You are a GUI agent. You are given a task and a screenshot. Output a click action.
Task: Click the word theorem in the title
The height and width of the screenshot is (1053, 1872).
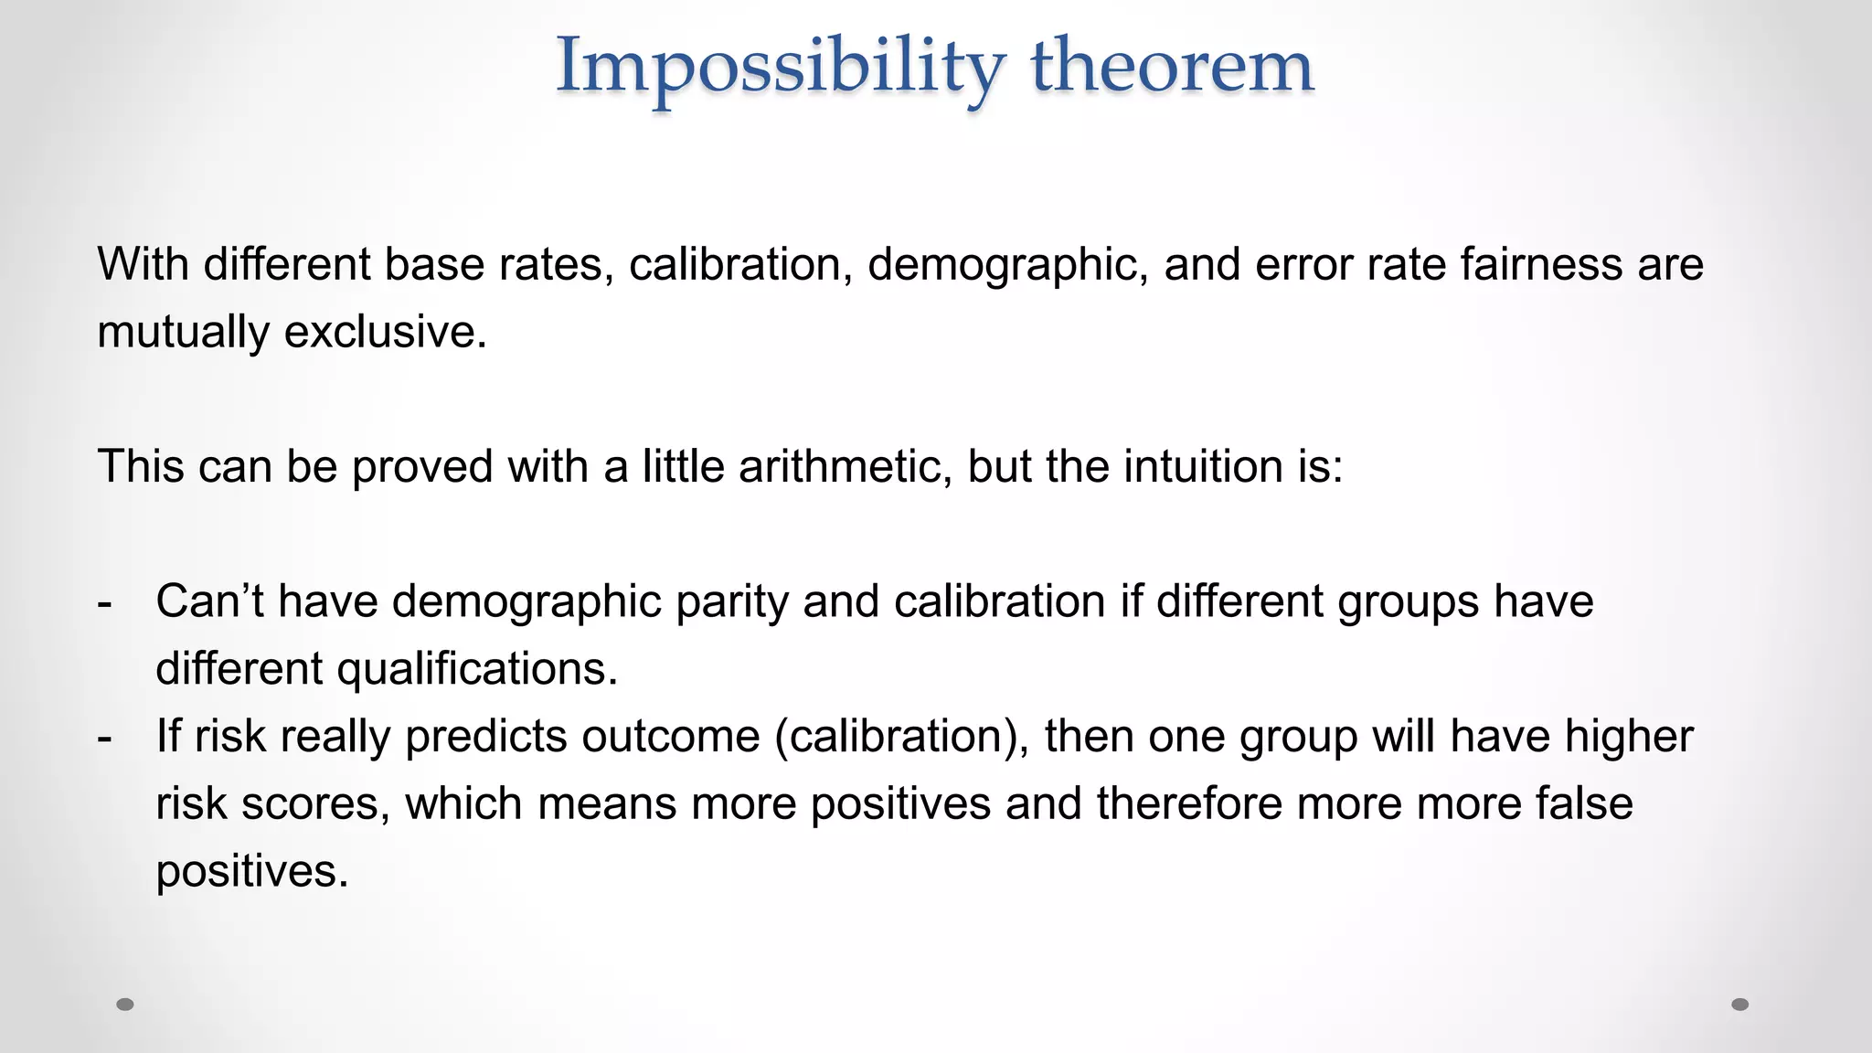coord(1172,66)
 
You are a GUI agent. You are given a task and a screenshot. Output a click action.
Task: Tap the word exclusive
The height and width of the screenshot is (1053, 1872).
coord(385,331)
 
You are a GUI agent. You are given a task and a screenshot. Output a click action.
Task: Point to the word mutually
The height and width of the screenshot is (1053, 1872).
coord(183,331)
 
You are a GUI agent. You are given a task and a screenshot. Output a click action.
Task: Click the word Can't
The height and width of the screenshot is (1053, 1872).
coord(209,601)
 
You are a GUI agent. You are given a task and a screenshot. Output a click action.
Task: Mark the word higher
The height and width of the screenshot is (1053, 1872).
coord(1628,737)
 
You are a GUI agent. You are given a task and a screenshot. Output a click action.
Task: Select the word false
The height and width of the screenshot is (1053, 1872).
coord(1583,803)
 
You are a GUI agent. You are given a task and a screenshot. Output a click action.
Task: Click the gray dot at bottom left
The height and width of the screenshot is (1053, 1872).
coord(125,1005)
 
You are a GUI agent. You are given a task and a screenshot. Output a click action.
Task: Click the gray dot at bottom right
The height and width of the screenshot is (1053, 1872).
coord(1740,1005)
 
